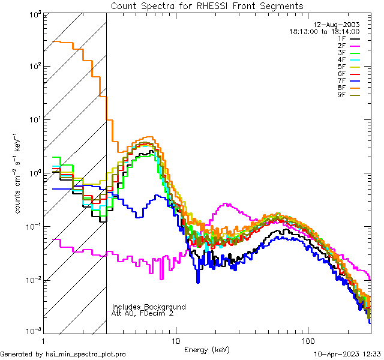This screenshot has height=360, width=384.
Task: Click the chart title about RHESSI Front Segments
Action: [x=207, y=6]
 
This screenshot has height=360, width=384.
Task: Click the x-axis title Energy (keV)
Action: [x=207, y=349]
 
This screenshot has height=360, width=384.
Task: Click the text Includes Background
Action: [x=148, y=307]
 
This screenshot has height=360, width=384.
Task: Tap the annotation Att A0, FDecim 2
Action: [x=143, y=313]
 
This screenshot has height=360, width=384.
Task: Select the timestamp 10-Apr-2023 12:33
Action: [x=347, y=354]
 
